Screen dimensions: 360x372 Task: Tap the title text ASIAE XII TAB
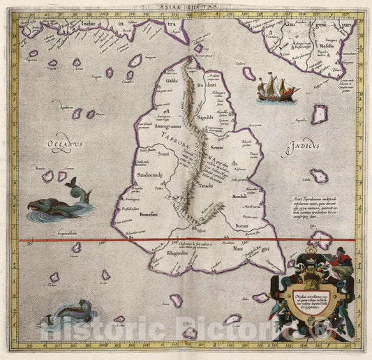coord(185,5)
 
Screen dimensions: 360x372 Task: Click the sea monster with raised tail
coord(60,202)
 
